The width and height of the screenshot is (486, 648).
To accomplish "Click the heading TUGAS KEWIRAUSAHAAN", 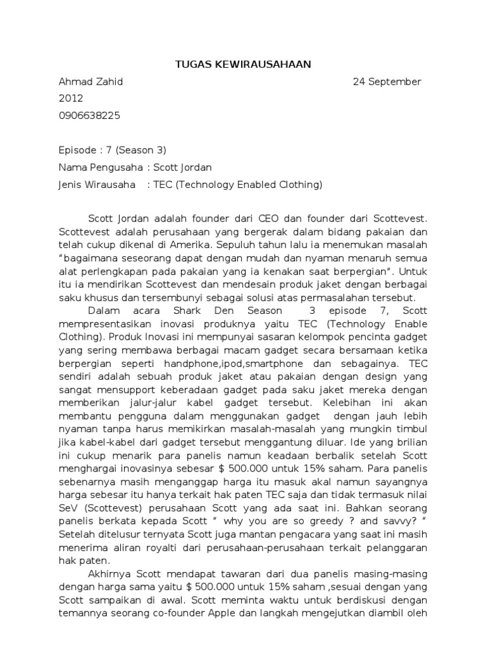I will pos(242,64).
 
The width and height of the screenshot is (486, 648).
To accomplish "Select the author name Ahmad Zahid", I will pos(90,82).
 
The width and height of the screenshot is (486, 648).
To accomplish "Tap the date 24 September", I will pos(387,82).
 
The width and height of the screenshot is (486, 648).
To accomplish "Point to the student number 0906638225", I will pos(89,115).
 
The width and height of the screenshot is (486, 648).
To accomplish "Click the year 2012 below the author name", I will pos(71,98).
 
